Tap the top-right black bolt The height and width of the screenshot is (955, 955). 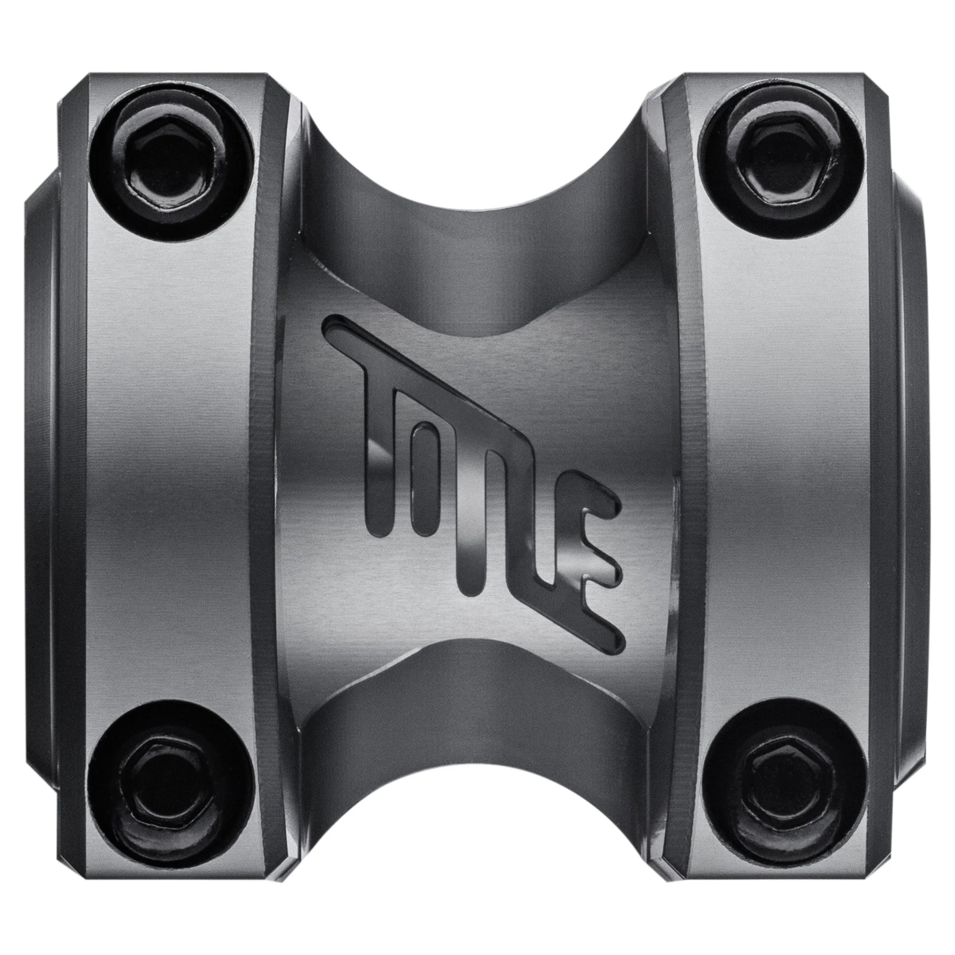point(784,166)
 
